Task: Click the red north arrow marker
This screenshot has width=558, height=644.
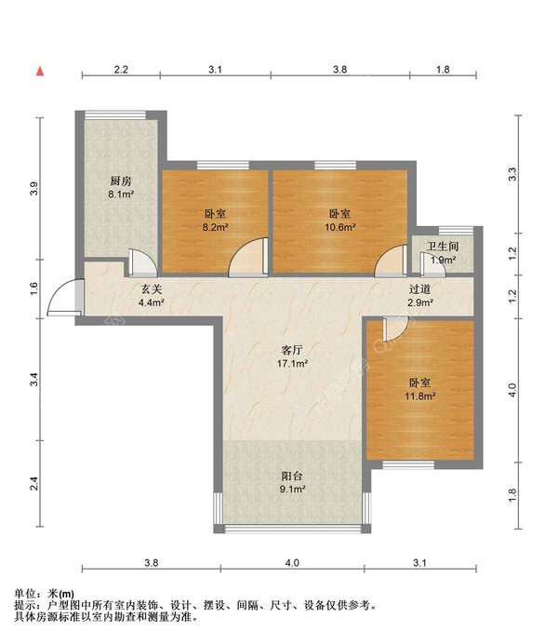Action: [x=40, y=72]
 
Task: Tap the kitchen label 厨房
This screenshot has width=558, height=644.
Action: [x=121, y=181]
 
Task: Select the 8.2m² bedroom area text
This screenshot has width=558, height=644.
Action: [x=216, y=227]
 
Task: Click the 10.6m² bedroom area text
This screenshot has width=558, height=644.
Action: [x=340, y=227]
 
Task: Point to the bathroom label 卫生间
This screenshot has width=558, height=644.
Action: [x=443, y=247]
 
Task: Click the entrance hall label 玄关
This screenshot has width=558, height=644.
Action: [x=152, y=289]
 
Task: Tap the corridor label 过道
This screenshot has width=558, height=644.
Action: [x=419, y=289]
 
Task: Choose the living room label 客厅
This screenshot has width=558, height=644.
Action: [x=292, y=350]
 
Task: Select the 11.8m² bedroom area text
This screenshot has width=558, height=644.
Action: [x=420, y=396]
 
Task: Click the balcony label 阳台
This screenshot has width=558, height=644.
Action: [x=292, y=476]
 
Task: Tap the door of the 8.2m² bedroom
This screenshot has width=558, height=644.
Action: [x=248, y=256]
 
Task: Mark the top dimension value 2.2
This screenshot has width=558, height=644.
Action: [x=121, y=70]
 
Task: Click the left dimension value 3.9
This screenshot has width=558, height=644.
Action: [x=34, y=189]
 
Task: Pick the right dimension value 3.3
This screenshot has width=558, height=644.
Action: [x=512, y=174]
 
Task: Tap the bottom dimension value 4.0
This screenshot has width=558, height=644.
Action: [x=292, y=563]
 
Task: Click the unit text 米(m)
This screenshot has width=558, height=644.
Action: [x=61, y=594]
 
